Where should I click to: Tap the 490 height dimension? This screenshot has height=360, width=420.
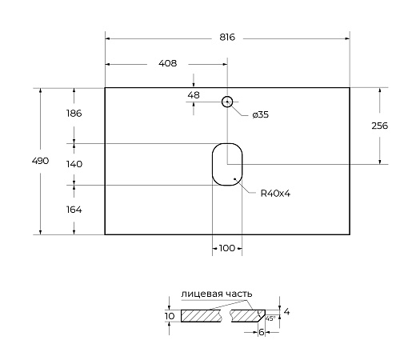(40, 161)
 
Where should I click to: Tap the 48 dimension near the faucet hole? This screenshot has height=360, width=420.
(193, 95)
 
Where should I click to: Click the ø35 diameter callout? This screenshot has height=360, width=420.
(260, 115)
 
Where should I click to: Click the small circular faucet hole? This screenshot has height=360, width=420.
(227, 102)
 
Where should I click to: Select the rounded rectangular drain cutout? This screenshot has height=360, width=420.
(226, 164)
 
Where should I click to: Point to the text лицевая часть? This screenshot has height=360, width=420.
(217, 294)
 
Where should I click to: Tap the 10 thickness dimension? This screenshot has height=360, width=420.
(169, 317)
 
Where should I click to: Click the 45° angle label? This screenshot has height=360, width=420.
(270, 318)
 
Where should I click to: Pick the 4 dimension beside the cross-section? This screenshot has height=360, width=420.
(286, 310)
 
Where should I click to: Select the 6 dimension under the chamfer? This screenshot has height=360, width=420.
(262, 332)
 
